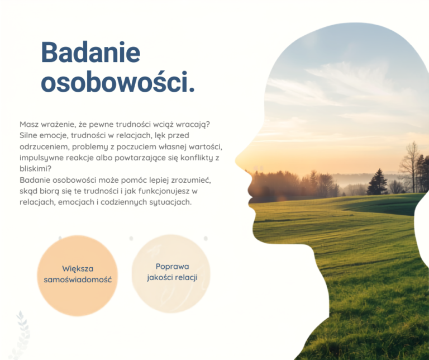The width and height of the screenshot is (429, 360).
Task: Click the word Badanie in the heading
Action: pyautogui.click(x=90, y=53)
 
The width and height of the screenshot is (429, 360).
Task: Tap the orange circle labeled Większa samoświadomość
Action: pyautogui.click(x=78, y=276)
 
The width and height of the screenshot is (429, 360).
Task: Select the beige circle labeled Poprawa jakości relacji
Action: pyautogui.click(x=171, y=273)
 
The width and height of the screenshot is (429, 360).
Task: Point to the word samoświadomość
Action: pyautogui.click(x=78, y=280)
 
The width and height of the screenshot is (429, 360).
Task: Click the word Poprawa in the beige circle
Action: pyautogui.click(x=173, y=267)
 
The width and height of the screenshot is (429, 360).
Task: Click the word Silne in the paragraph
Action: pyautogui.click(x=28, y=135)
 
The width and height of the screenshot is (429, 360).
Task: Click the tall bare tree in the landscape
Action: pyautogui.click(x=409, y=167)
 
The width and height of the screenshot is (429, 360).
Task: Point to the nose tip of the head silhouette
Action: pyautogui.click(x=236, y=160)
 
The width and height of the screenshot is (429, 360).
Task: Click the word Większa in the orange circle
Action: pyautogui.click(x=78, y=269)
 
